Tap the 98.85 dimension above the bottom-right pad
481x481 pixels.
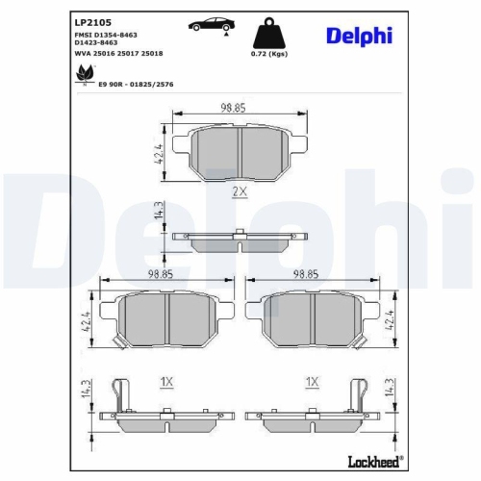306,274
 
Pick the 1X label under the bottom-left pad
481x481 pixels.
165,382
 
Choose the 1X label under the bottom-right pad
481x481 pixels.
311,382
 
